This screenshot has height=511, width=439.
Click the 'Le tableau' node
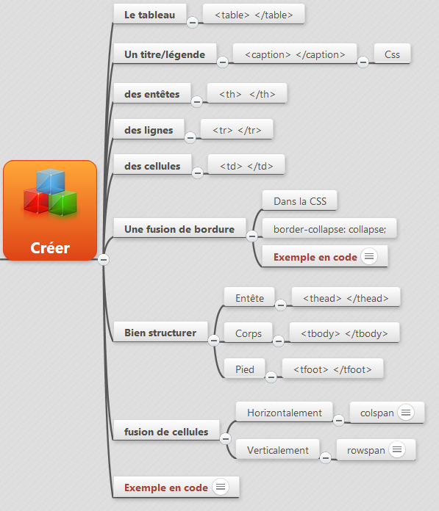150,15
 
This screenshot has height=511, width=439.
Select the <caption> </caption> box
295,54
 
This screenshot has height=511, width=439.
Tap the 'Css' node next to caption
392,54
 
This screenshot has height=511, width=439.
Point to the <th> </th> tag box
247,94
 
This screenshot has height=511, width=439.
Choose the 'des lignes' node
149,130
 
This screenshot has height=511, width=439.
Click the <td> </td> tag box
246,165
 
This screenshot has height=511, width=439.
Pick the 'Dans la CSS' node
299,200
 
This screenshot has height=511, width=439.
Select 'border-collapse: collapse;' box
329,229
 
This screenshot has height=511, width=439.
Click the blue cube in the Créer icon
51,181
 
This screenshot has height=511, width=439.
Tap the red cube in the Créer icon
35,201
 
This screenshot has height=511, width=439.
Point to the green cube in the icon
64,203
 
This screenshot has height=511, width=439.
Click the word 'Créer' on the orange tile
50,247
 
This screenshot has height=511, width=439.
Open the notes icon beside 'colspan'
406,413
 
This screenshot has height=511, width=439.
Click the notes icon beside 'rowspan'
397,450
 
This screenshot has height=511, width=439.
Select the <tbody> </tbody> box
344,333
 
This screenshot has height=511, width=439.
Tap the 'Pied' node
244,369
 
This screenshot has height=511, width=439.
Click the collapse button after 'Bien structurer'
214,341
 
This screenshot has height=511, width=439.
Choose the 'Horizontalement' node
285,413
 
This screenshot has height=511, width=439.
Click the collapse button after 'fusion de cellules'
225,438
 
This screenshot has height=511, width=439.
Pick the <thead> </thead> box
346,298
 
